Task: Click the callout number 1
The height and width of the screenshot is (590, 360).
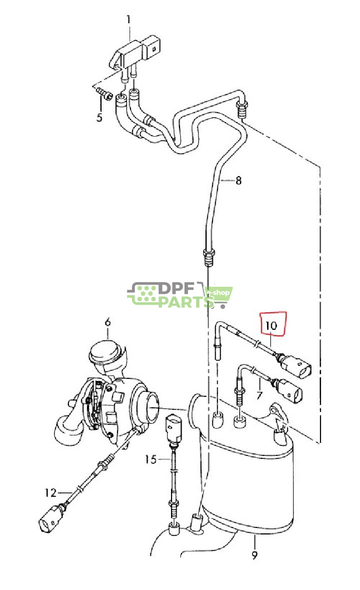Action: (x=128, y=19)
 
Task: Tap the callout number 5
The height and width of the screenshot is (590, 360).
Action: (x=99, y=117)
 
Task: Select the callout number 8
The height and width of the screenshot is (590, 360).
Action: (x=238, y=181)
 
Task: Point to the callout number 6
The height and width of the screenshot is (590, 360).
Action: (x=108, y=322)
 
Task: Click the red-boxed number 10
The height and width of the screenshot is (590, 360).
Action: (x=271, y=325)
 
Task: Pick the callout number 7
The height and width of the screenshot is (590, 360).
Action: (x=259, y=395)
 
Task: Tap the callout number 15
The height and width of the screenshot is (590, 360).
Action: (x=150, y=459)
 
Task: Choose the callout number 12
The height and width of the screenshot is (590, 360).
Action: (x=50, y=492)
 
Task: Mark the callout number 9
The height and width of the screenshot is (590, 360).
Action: (x=255, y=554)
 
